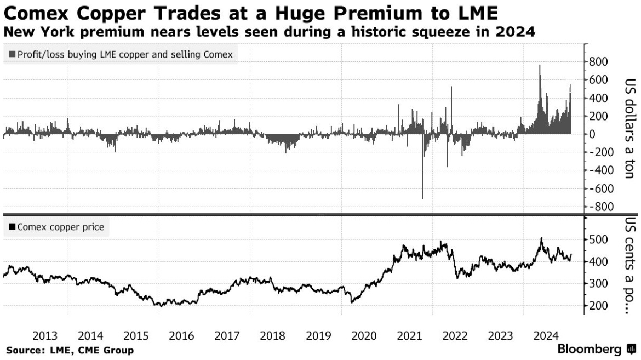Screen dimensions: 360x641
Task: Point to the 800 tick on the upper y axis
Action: click(598, 62)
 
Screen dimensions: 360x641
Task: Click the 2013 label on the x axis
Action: click(45, 335)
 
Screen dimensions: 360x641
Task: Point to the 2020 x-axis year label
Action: click(364, 335)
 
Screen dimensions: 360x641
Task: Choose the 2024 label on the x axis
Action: click(546, 335)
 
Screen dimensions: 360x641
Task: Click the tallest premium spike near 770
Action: click(540, 66)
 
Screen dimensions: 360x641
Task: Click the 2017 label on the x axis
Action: click(228, 335)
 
